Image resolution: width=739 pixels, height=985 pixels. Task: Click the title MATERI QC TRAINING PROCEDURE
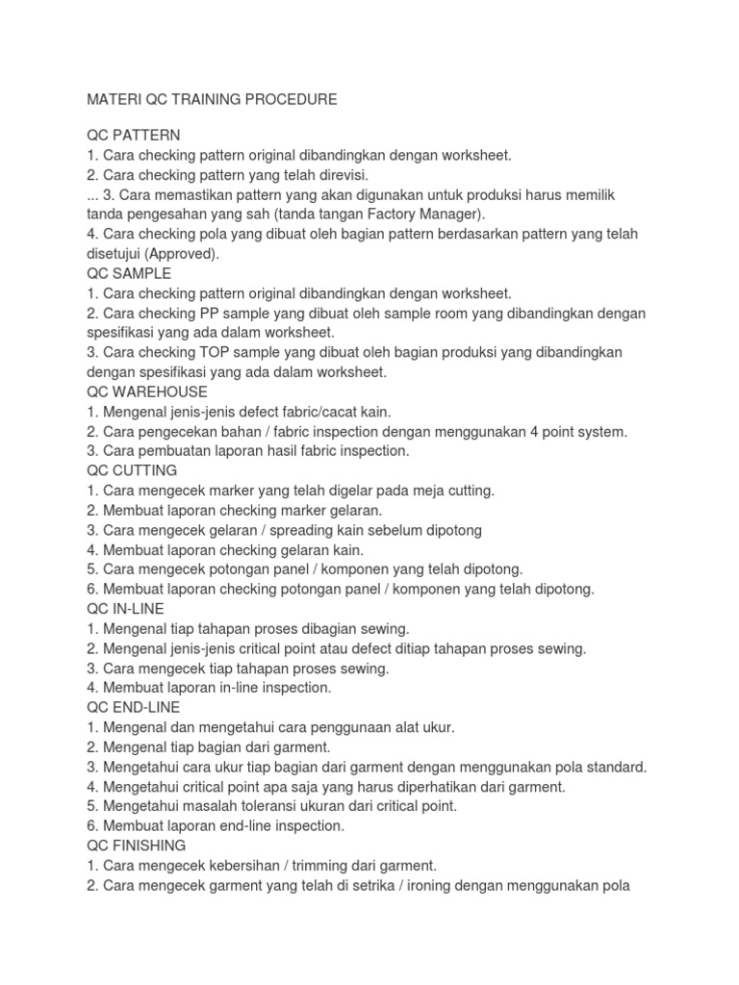pyautogui.click(x=212, y=99)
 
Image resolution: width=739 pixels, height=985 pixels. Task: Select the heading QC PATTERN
pyautogui.click(x=133, y=135)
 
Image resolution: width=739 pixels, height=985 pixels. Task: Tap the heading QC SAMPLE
pyautogui.click(x=129, y=273)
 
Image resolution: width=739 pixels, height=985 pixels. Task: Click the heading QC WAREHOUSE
pyautogui.click(x=146, y=392)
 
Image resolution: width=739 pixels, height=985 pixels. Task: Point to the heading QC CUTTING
pyautogui.click(x=132, y=470)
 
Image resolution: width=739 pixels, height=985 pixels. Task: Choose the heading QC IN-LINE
pyautogui.click(x=125, y=609)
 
